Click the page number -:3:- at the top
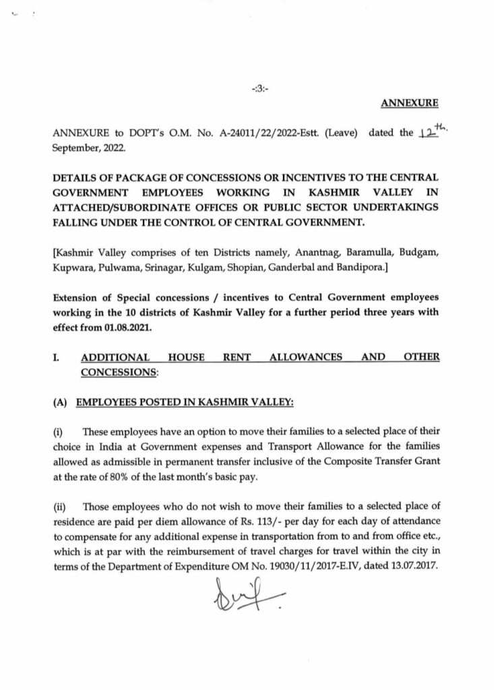click(x=259, y=88)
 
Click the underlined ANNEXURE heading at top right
click(x=410, y=103)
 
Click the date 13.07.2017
click(x=415, y=567)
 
